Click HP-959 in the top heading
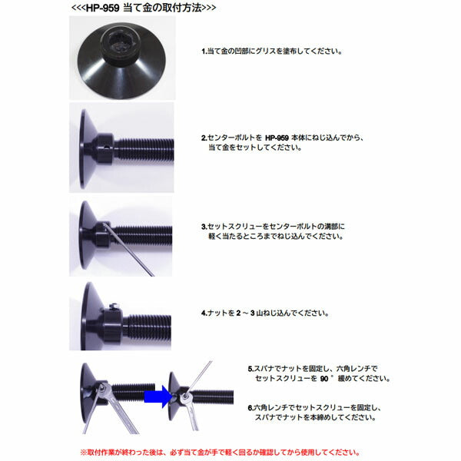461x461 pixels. (102, 8)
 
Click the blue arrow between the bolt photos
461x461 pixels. (158, 396)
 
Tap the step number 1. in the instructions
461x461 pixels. (204, 51)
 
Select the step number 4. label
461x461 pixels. (204, 313)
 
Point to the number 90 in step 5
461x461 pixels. (324, 379)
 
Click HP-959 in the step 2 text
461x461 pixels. (277, 138)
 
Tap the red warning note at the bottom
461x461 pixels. (220, 453)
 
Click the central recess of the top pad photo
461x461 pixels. (120, 45)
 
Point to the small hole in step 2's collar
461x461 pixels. (107, 147)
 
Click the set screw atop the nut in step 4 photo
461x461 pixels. (114, 307)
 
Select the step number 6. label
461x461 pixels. (250, 408)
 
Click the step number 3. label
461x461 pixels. (204, 227)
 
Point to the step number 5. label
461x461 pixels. (250, 369)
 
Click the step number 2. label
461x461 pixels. (204, 138)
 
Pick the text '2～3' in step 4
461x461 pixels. (246, 313)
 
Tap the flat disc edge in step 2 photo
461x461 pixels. (82, 149)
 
